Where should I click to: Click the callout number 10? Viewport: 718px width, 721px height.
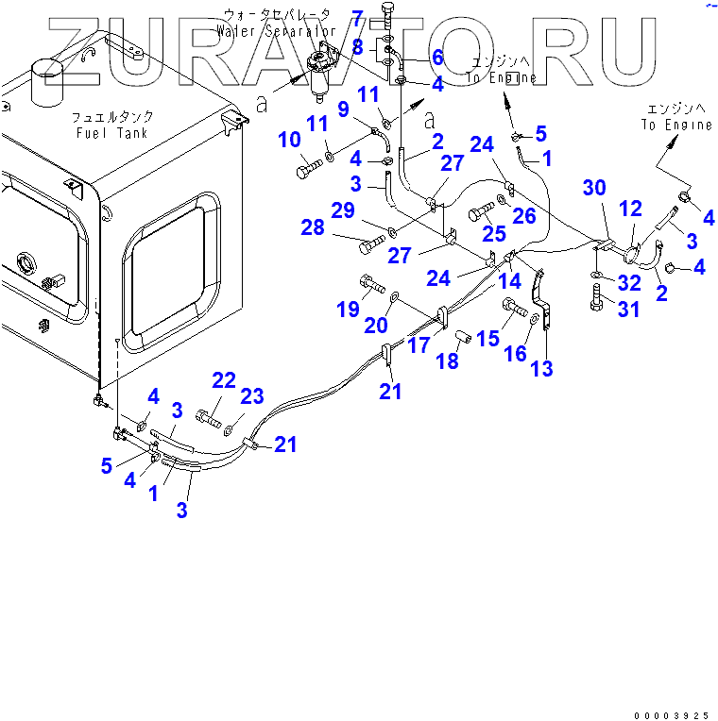289,141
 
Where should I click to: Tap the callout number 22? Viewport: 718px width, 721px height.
223,380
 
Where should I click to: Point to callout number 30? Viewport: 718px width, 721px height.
594,188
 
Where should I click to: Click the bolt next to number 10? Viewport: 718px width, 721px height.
309,171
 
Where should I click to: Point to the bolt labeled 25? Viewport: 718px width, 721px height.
481,212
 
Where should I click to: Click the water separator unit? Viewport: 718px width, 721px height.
323,77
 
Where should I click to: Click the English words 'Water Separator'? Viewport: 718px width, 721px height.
276,31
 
